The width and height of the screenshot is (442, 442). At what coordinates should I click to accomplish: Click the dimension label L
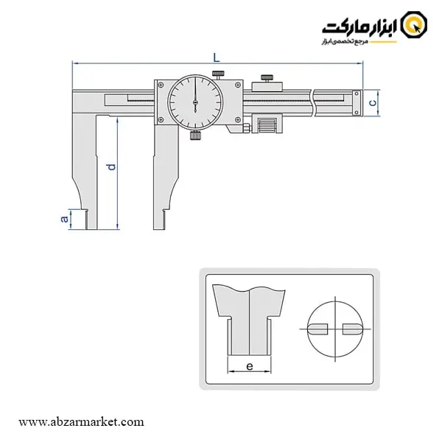tap(216, 57)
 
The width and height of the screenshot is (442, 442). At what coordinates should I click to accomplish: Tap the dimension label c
tap(373, 103)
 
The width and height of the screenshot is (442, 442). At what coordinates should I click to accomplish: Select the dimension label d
tap(112, 167)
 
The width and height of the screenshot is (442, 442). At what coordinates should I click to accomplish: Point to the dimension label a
tap(65, 219)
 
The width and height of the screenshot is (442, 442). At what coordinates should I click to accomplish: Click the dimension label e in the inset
tap(250, 366)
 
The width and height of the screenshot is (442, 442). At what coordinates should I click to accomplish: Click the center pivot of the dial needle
tap(195, 102)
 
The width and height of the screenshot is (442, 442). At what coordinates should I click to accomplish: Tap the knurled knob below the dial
tap(195, 136)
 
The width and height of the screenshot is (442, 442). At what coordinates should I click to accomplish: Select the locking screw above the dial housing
tap(218, 75)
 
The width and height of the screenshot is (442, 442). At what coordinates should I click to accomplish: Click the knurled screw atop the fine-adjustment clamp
tap(267, 78)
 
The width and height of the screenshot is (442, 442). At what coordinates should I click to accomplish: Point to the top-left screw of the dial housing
tap(161, 85)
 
